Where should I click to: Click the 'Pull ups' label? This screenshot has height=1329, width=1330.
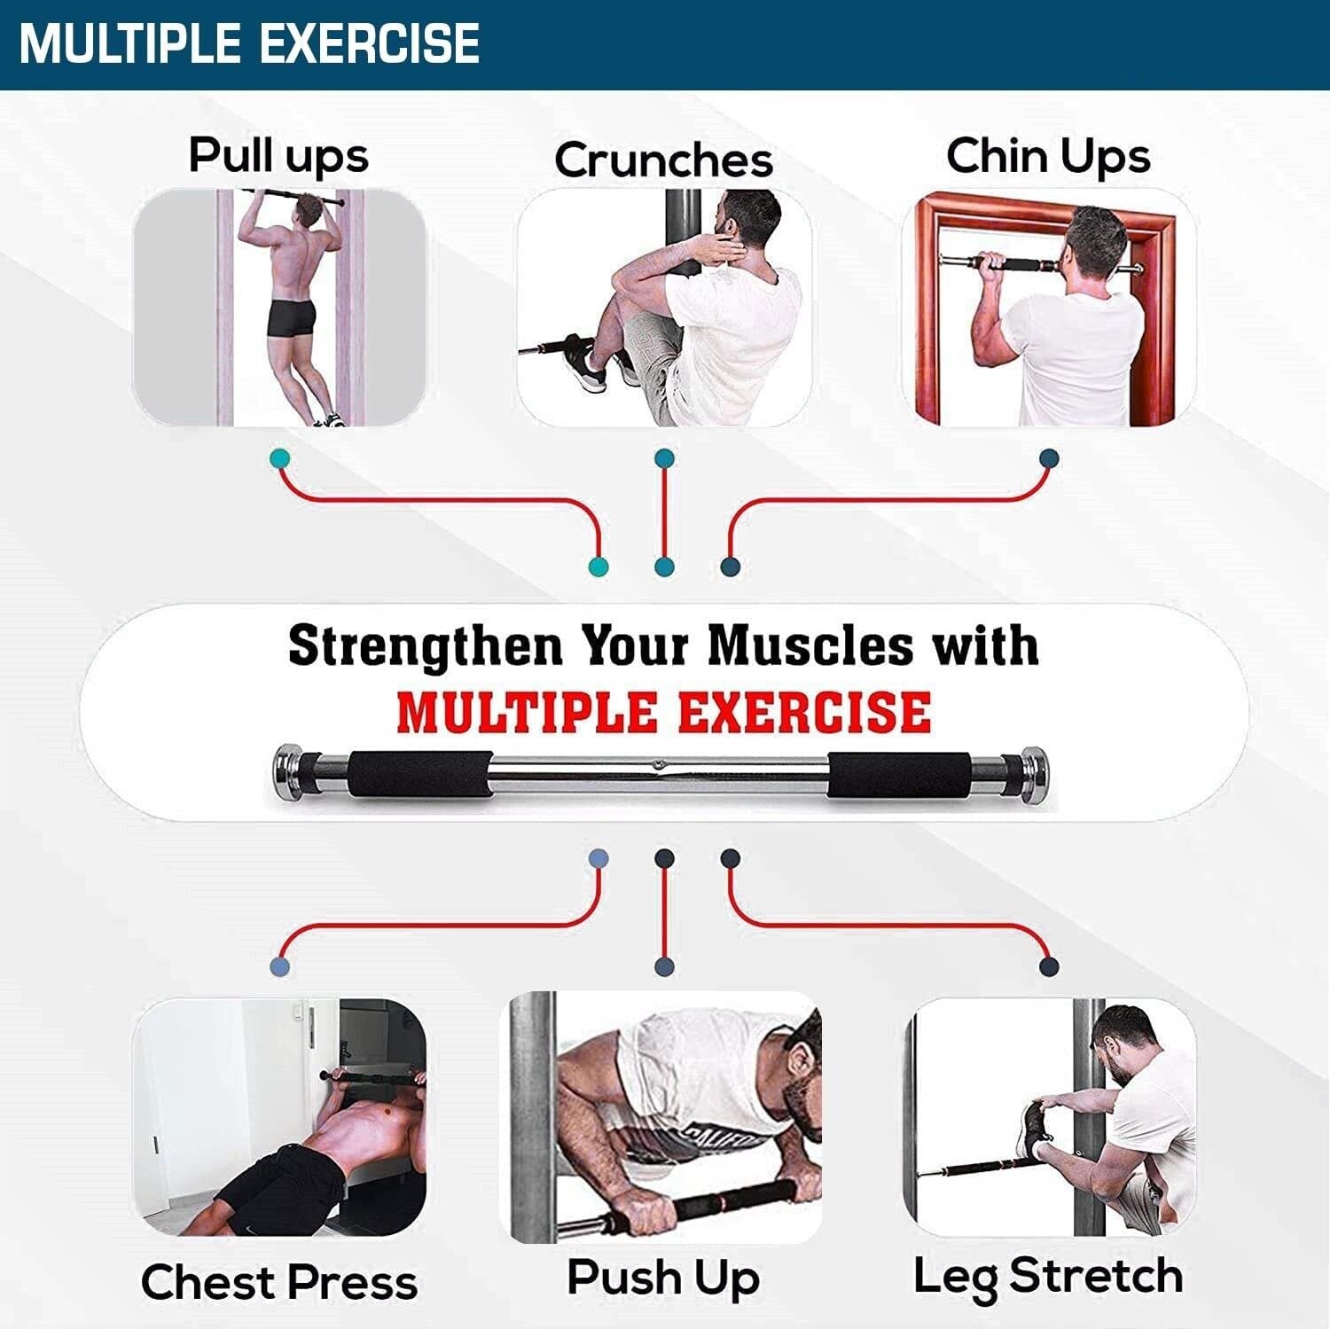pyautogui.click(x=278, y=156)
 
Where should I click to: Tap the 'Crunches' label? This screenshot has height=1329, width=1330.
pyautogui.click(x=664, y=160)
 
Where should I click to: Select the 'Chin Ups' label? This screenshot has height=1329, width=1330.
pyautogui.click(x=1048, y=156)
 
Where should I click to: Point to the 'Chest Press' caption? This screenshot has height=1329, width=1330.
pyautogui.click(x=279, y=1282)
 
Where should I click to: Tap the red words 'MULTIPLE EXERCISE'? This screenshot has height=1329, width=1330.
pyautogui.click(x=664, y=713)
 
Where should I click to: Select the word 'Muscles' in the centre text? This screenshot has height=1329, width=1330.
pyautogui.click(x=810, y=645)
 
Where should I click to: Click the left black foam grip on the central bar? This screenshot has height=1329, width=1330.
pyautogui.click(x=419, y=774)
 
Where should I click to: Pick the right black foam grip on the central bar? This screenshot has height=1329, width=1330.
pyautogui.click(x=899, y=775)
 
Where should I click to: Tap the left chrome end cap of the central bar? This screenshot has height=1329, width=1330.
pyautogui.click(x=286, y=770)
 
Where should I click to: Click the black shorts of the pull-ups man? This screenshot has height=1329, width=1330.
pyautogui.click(x=291, y=317)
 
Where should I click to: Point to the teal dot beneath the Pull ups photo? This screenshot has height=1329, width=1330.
pyautogui.click(x=279, y=458)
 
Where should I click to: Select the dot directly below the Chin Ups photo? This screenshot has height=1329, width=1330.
pyautogui.click(x=1049, y=458)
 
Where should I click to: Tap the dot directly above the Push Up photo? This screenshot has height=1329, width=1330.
pyautogui.click(x=664, y=966)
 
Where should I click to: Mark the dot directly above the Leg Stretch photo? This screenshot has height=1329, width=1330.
pyautogui.click(x=1049, y=966)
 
